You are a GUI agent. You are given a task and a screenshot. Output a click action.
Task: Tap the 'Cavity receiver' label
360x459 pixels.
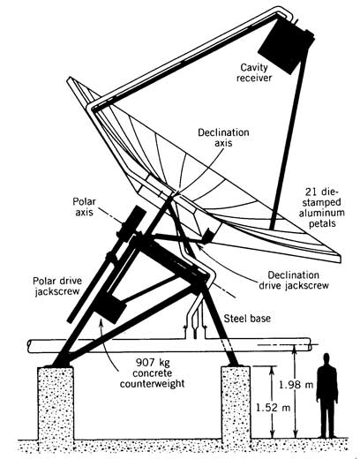coord(254,72)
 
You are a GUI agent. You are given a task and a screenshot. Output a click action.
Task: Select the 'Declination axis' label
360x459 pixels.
coord(223,138)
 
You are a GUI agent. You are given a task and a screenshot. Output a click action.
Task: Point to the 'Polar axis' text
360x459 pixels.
coord(84,207)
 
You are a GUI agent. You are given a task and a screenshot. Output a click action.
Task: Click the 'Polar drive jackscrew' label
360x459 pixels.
coord(57,286)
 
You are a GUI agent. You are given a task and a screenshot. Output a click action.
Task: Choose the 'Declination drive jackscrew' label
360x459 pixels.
coord(294,281)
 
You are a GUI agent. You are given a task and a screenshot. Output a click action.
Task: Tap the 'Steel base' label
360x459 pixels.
coord(247,319)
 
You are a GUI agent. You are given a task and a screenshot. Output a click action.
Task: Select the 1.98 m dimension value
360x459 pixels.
coord(296,385)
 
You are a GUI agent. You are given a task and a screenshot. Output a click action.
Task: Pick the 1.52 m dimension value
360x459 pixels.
coord(273,408)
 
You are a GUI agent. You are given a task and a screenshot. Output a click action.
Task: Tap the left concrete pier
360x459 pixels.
coord(56,403)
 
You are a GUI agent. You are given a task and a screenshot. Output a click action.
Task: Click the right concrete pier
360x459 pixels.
coord(236,403)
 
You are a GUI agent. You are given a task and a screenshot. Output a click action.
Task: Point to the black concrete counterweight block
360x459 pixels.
coord(112,308)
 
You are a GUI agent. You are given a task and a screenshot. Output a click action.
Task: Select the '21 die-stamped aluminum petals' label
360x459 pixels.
coord(322,207)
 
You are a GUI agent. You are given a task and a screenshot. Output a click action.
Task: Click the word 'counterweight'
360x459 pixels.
coord(153,384)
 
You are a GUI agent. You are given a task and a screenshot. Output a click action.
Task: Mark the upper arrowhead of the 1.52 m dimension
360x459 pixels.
coord(272,370)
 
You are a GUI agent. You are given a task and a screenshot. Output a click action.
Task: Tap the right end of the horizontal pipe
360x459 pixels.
coord(310,344)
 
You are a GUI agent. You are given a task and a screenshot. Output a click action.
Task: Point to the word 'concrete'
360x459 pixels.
coord(153,373)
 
